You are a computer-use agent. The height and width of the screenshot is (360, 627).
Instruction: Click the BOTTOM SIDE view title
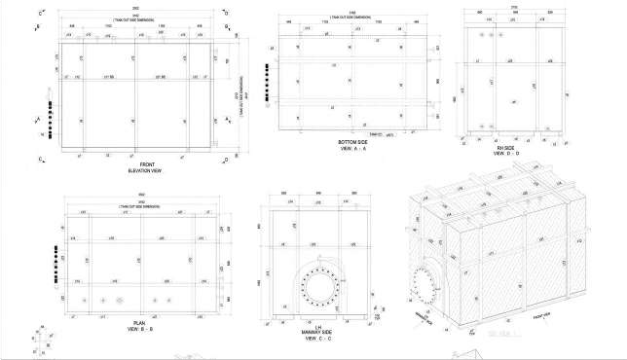pos(348,143)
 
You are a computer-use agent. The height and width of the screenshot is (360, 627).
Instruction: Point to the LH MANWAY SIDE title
pos(317,332)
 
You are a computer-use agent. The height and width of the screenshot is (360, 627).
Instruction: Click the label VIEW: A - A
pos(348,150)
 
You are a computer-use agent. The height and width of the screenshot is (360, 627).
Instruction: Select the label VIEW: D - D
pos(505,154)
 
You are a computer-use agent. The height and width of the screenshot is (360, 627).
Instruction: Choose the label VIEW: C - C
pos(317,339)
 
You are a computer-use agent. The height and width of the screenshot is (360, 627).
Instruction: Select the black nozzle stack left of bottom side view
pos(267,76)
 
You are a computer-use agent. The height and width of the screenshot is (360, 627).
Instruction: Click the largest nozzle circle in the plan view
pos(121,301)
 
